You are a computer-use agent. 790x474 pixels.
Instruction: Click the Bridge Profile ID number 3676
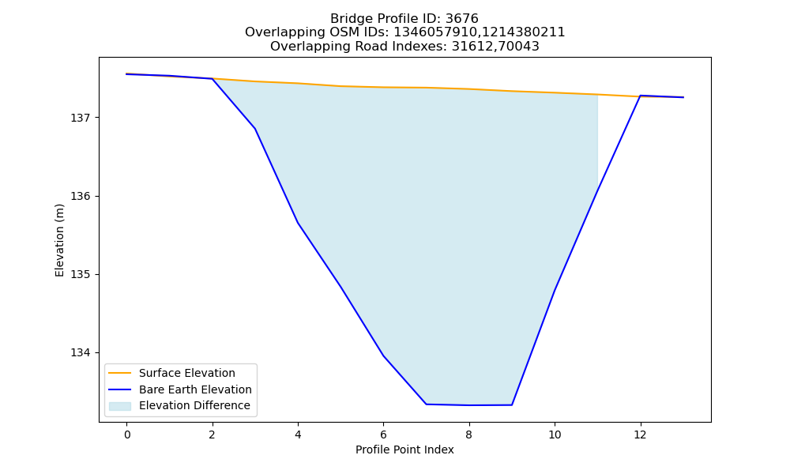[461, 19]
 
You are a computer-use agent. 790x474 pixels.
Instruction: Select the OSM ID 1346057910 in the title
[434, 32]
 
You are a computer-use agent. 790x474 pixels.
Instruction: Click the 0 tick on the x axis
[127, 434]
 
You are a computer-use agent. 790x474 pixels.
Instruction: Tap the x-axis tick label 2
[212, 434]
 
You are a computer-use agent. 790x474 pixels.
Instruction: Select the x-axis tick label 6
[383, 434]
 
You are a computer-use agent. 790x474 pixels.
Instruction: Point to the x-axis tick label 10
[555, 434]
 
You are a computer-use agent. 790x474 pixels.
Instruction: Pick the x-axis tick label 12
[641, 434]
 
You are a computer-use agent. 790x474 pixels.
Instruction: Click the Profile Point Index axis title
[404, 450]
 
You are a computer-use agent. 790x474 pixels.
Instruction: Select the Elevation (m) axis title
[59, 240]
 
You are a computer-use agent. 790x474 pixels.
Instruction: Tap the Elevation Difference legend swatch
[120, 405]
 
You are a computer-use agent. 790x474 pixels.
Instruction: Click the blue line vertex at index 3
[255, 129]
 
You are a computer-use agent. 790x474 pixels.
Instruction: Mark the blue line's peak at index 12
[641, 96]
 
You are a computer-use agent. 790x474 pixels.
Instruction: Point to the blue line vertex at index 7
[427, 404]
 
